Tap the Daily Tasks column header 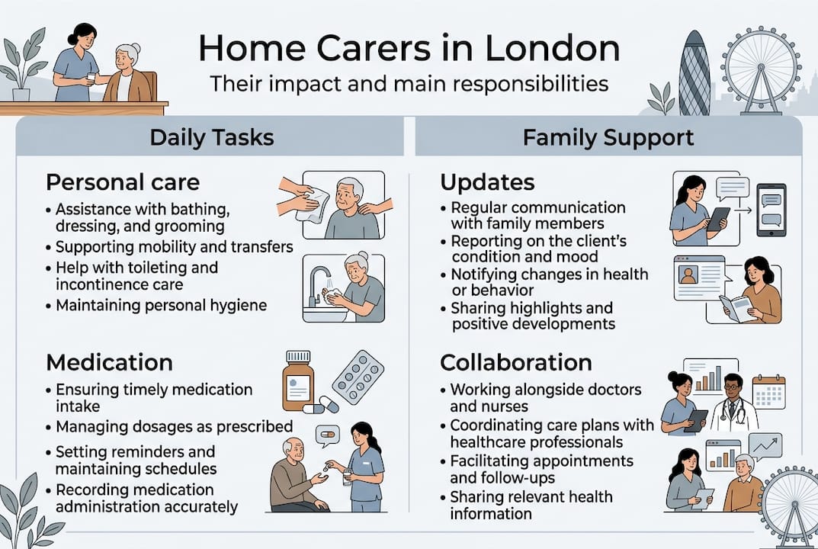click(x=211, y=137)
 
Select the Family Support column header click(x=608, y=137)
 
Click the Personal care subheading click(x=123, y=182)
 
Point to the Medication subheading click(x=109, y=361)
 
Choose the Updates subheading click(x=487, y=182)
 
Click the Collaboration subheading click(x=516, y=361)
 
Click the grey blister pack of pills click(x=357, y=377)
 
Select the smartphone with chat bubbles click(x=770, y=210)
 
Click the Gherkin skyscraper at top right click(x=694, y=74)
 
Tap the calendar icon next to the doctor click(x=768, y=392)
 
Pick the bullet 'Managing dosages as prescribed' click(x=175, y=425)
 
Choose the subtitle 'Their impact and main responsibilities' click(x=409, y=83)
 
